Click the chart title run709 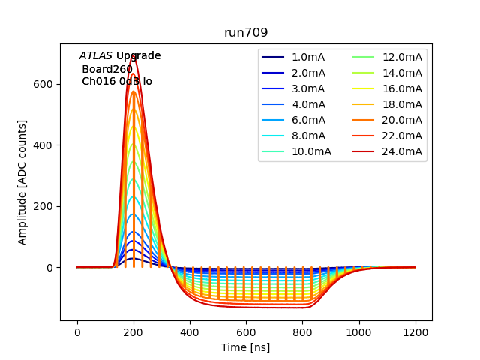pos(246,33)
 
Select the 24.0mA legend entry pos(402,151)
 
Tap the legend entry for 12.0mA pos(402,57)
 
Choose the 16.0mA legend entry pos(402,88)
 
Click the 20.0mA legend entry pos(402,120)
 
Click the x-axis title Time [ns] pos(246,347)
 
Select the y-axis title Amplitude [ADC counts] pos(22,182)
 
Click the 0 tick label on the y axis pos(50,268)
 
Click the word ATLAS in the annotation pos(95,56)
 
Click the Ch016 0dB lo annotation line pos(116,81)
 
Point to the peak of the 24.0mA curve pos(133,55)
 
